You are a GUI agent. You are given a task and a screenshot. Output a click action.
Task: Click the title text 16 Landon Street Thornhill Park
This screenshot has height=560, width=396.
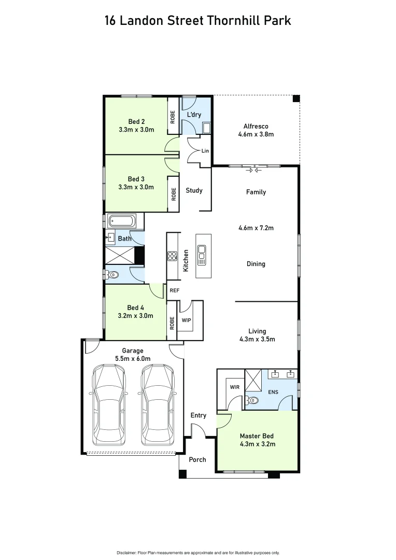tap(198, 20)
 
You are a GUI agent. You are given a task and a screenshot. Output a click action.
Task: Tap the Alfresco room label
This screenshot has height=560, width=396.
tap(256, 126)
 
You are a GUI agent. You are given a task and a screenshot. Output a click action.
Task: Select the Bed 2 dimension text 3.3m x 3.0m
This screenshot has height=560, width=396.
tap(136, 130)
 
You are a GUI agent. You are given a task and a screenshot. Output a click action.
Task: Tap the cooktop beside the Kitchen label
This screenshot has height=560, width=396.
tap(172, 256)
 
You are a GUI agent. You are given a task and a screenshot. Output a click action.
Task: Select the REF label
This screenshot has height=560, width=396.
tap(174, 290)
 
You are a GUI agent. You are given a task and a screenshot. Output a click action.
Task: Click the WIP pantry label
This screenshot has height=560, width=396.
tap(186, 320)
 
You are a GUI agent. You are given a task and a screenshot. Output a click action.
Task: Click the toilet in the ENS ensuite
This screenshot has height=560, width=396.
tap(252, 400)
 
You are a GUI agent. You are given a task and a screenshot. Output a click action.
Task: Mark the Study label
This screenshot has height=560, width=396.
tap(194, 190)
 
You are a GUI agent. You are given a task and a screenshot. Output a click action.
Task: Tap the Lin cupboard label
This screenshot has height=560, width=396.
tap(205, 151)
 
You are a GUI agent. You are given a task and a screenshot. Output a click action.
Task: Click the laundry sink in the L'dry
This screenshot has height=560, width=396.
tap(206, 128)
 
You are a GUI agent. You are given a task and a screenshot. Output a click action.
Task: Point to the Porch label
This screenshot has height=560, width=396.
tap(197, 459)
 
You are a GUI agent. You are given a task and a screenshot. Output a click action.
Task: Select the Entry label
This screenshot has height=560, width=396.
tap(198, 415)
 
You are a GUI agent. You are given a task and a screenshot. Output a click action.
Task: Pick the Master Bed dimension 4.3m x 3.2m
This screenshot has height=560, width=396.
tap(257, 444)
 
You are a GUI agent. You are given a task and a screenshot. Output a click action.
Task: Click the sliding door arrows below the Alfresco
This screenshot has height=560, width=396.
tap(254, 170)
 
